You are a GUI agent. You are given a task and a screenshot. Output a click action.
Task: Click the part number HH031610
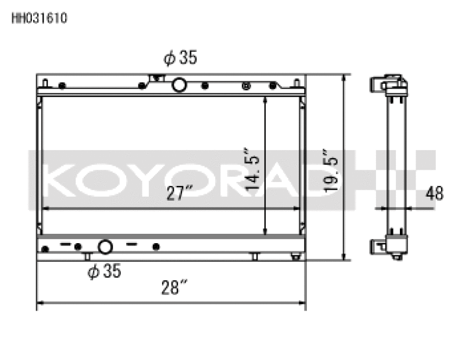(x=40, y=18)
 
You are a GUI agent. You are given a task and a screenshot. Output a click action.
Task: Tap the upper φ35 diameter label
(x=180, y=58)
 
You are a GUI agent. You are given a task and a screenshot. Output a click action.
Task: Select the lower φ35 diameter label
(x=104, y=271)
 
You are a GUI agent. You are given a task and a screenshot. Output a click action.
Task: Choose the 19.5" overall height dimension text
(x=332, y=169)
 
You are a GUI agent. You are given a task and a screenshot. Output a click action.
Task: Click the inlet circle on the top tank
(x=180, y=85)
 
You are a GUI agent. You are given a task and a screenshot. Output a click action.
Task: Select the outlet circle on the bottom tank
(x=105, y=247)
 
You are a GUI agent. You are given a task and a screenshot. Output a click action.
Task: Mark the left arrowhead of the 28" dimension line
(x=40, y=302)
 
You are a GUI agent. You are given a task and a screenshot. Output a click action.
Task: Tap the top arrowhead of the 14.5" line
(x=265, y=99)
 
